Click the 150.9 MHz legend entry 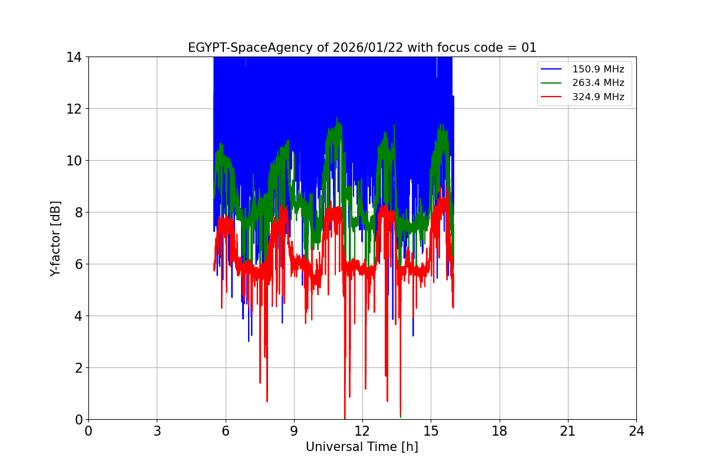598,69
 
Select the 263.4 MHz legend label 598,83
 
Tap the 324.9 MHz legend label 598,97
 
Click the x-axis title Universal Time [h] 362,447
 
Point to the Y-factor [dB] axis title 55,238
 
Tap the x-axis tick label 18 500,431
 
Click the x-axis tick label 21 568,431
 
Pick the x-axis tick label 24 636,431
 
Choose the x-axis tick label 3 157,431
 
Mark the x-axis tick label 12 362,431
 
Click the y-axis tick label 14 74,57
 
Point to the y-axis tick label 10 74,161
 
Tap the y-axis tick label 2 77,368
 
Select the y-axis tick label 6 77,264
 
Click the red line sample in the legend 553,97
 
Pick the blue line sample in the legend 553,69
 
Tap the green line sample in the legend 553,83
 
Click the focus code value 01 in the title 529,48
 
